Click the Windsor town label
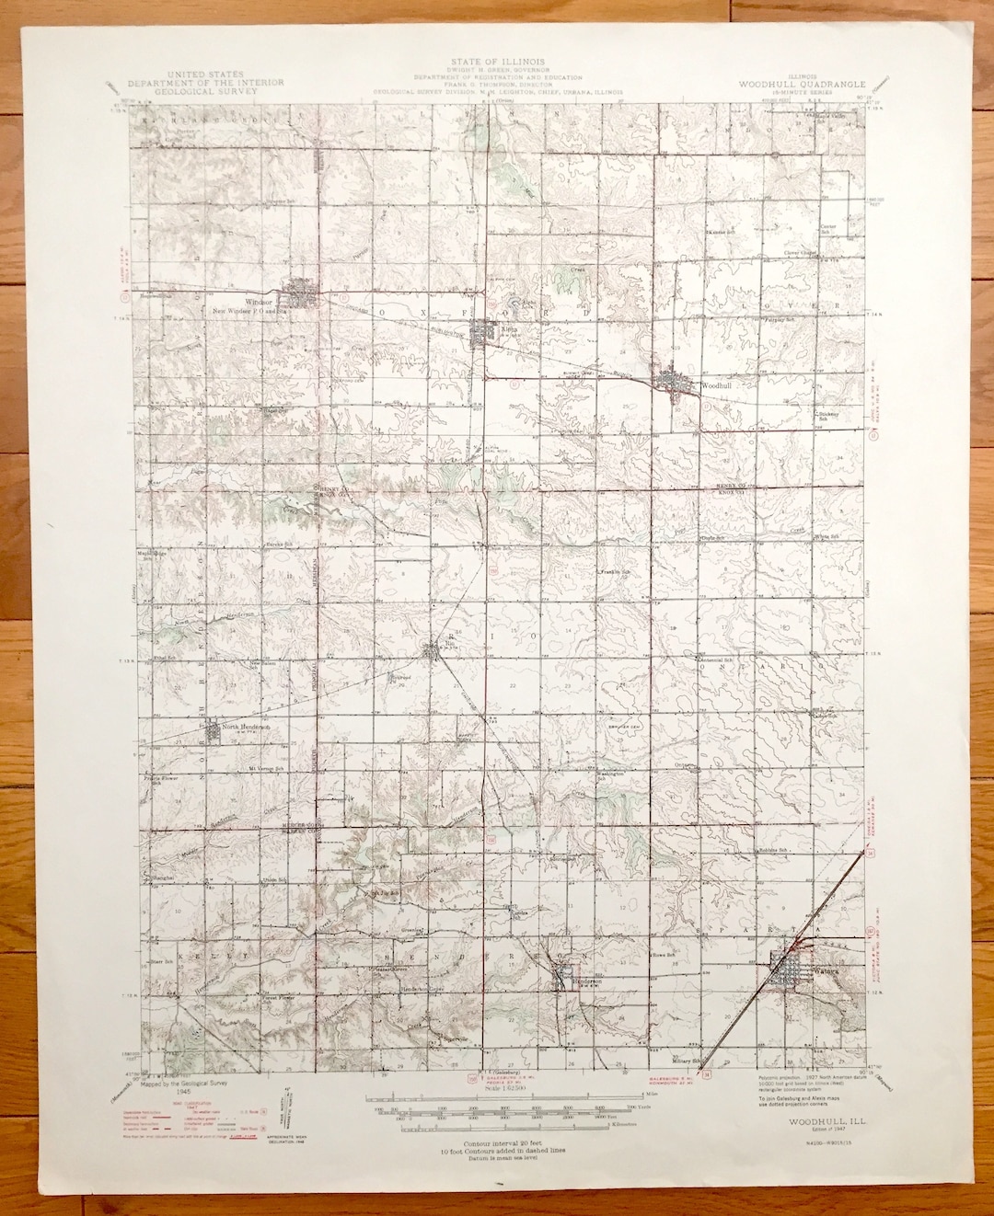coord(260,301)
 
